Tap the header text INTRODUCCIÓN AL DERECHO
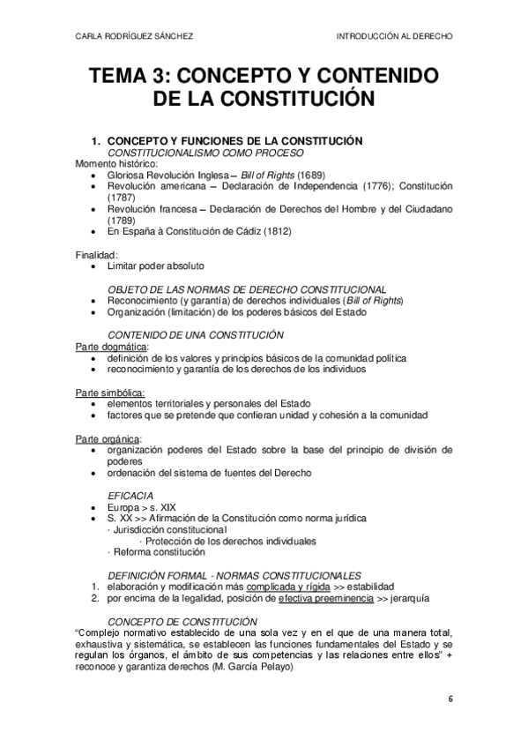394,37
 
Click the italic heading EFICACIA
130,497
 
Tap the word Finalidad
97,254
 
